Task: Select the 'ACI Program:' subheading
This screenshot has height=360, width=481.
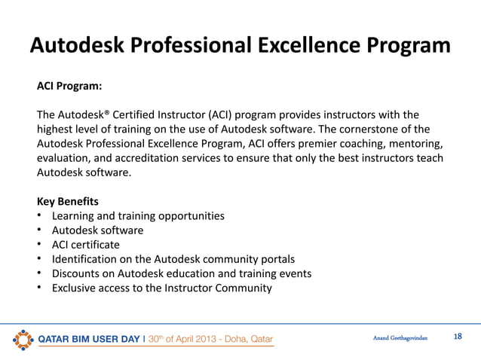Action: (x=70, y=87)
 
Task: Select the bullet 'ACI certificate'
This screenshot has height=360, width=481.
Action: (x=85, y=244)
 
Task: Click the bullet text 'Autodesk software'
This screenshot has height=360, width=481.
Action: (x=97, y=230)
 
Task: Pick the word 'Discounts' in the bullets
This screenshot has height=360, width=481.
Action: (x=76, y=273)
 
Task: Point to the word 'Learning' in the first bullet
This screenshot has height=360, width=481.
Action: (x=73, y=215)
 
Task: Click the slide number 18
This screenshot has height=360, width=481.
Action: (x=457, y=336)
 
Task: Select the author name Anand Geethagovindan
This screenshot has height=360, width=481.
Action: (x=400, y=337)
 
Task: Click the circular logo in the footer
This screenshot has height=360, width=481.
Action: (x=23, y=338)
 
